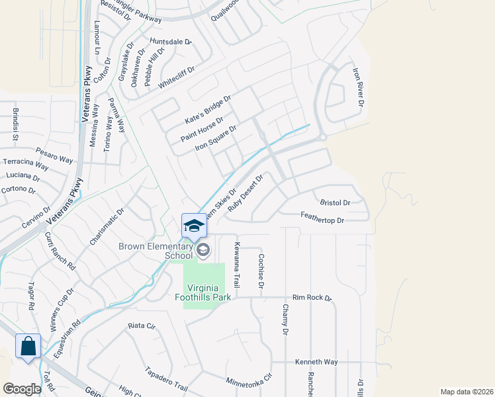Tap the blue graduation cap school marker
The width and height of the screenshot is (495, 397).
194,225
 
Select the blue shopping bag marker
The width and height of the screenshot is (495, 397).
28,346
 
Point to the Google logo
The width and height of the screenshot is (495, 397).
21,389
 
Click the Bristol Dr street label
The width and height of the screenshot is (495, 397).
334,202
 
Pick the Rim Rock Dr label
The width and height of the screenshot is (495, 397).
311,298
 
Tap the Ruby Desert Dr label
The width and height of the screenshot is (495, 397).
246,192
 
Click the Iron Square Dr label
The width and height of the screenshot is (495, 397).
215,138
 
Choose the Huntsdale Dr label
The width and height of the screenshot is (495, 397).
170,42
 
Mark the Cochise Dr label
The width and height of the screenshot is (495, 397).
261,271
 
